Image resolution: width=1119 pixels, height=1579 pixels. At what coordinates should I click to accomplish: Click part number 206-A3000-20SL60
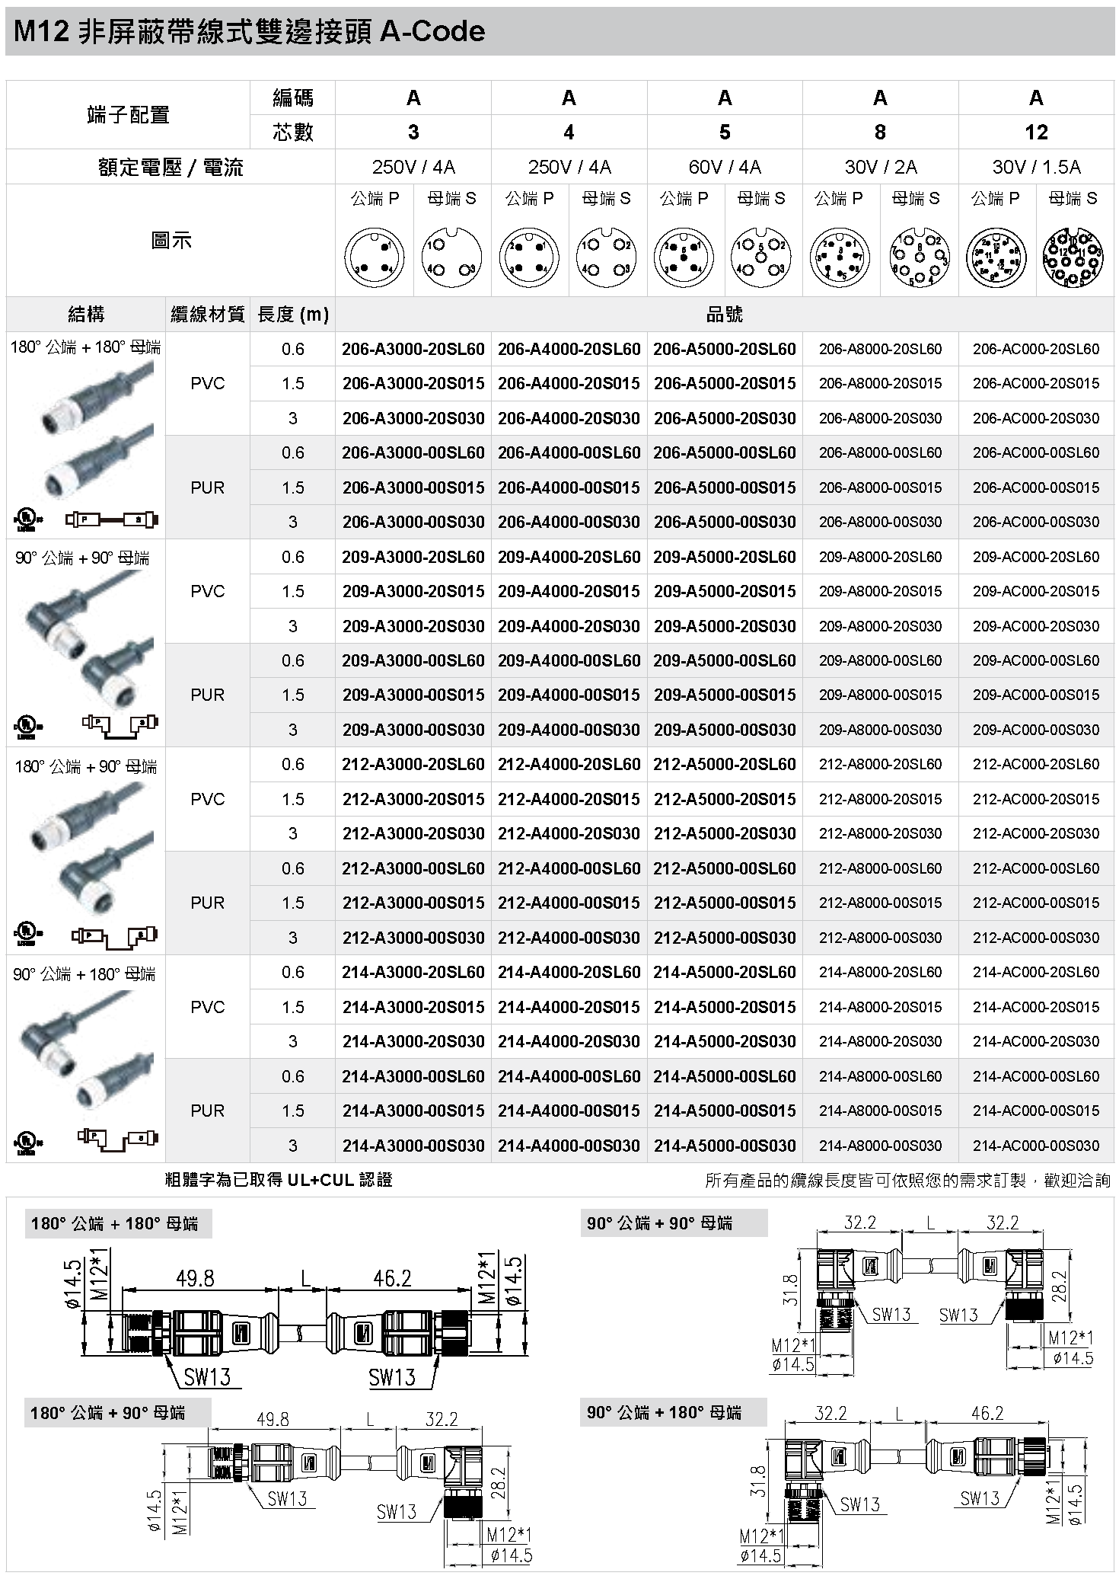pos(413,350)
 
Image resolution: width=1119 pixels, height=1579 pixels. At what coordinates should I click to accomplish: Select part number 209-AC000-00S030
pos(1035,730)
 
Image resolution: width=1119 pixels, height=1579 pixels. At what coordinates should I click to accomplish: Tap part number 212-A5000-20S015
pos(724,799)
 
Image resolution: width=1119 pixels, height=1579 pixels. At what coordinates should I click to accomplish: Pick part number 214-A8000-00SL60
pos(880,1076)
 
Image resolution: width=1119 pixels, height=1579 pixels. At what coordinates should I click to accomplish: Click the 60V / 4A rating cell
pos(724,167)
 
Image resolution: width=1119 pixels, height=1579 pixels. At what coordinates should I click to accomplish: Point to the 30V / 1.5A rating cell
pos(1035,167)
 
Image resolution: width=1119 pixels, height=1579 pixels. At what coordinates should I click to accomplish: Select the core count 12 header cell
pos(1035,133)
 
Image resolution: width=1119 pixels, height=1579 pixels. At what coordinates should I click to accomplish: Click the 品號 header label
pos(724,314)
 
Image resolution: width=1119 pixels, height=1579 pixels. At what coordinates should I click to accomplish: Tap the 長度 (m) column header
pos(293,314)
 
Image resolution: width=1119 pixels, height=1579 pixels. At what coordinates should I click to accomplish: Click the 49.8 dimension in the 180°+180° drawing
pos(195,1279)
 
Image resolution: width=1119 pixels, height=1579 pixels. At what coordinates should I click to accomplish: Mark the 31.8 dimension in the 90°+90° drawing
pos(792,1290)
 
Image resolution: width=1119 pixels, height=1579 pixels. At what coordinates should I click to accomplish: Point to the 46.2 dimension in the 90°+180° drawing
pos(987,1414)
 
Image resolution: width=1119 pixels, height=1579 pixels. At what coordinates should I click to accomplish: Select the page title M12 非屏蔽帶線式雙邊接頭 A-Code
pos(249,32)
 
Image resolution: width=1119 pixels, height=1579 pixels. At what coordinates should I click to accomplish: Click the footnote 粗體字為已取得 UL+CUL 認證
pos(279,1180)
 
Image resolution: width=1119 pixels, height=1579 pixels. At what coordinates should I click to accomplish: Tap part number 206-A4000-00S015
pos(569,487)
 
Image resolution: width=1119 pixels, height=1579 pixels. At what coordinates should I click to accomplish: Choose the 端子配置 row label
pos(128,115)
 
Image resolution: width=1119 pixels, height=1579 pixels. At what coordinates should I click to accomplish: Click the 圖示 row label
pos(171,241)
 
